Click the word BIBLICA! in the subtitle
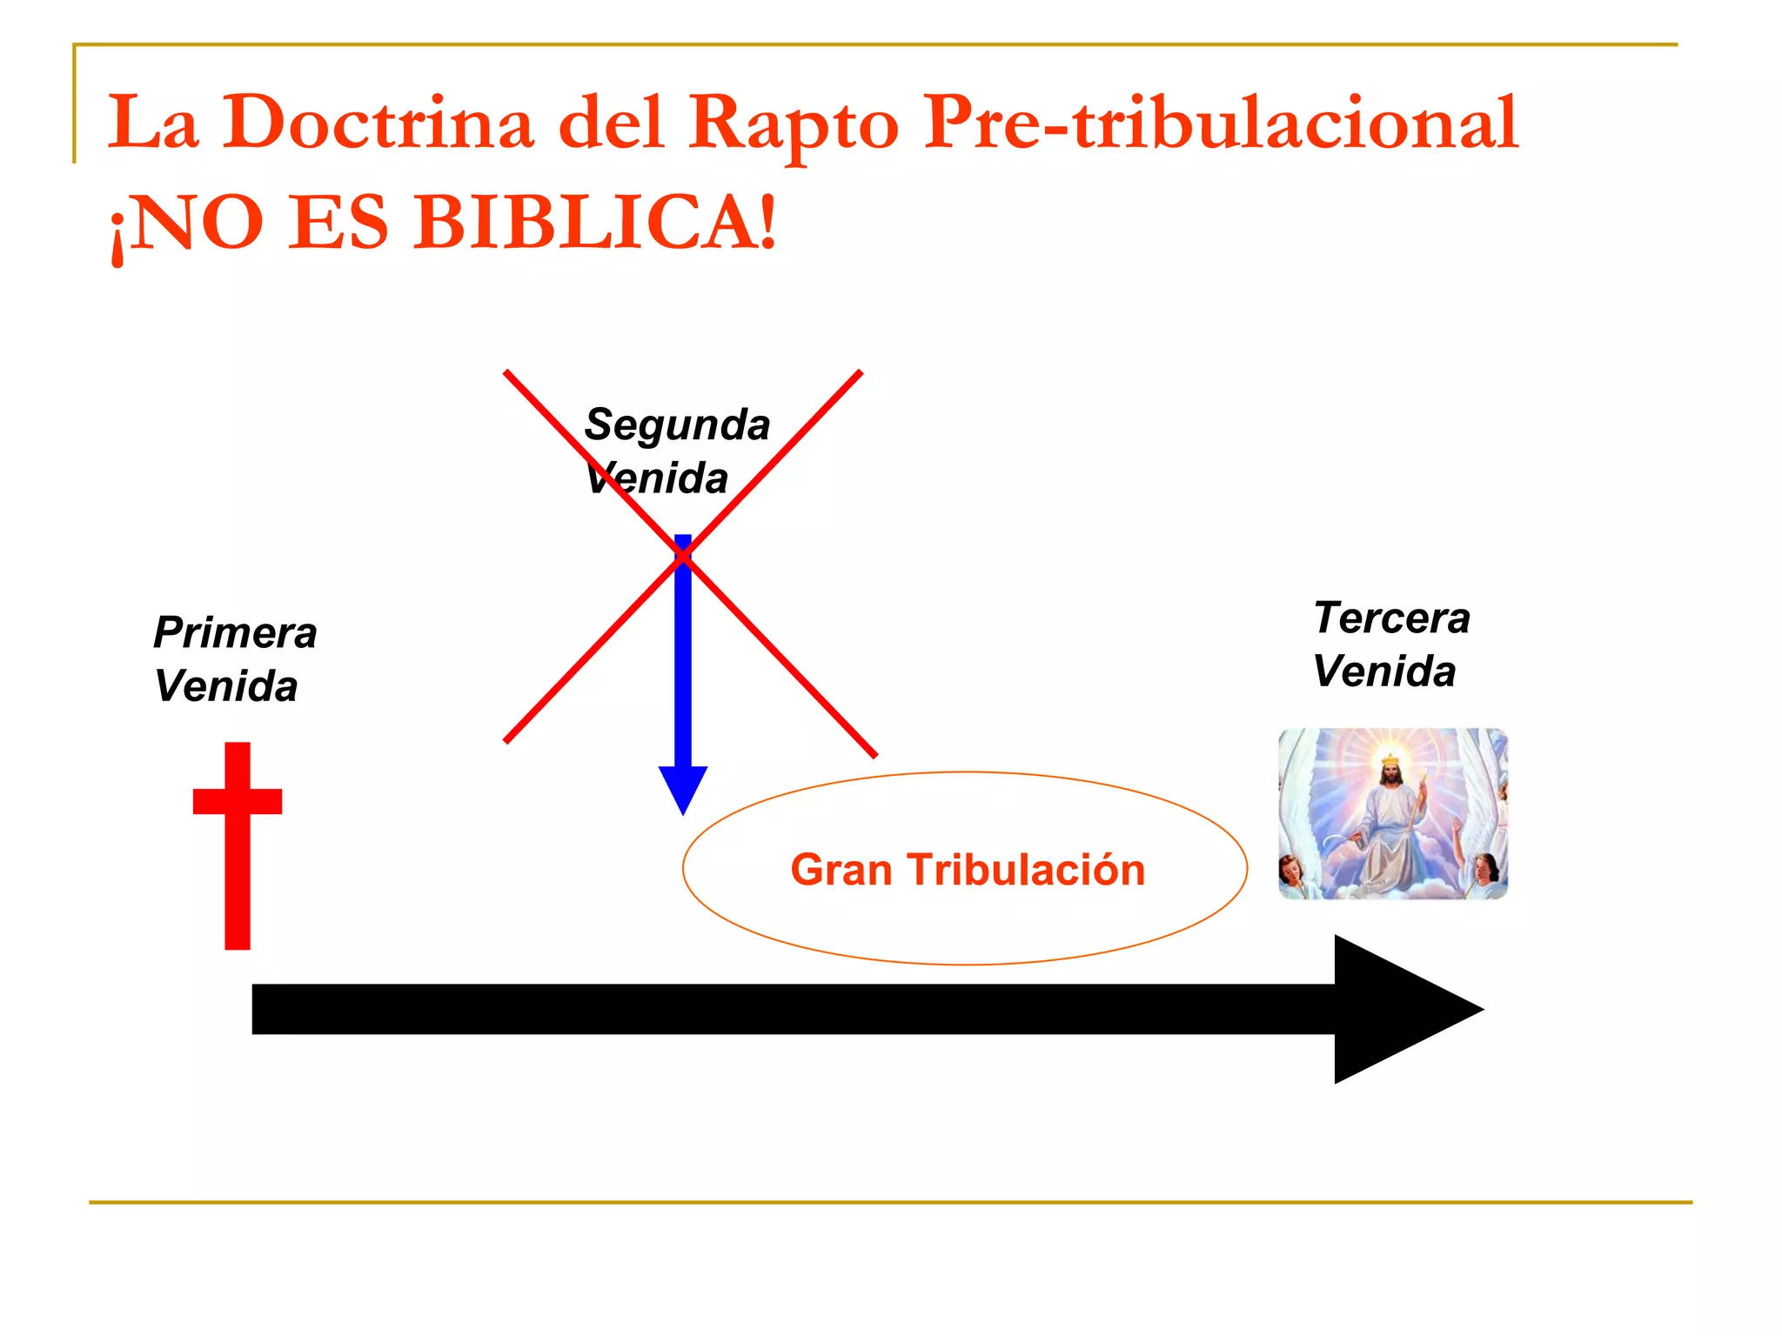point(595,223)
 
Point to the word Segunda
point(677,425)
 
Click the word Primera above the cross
point(235,632)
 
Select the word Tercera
point(1391,618)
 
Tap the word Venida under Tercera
point(1383,671)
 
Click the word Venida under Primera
point(226,686)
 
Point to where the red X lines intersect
point(683,556)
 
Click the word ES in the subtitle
point(338,223)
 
